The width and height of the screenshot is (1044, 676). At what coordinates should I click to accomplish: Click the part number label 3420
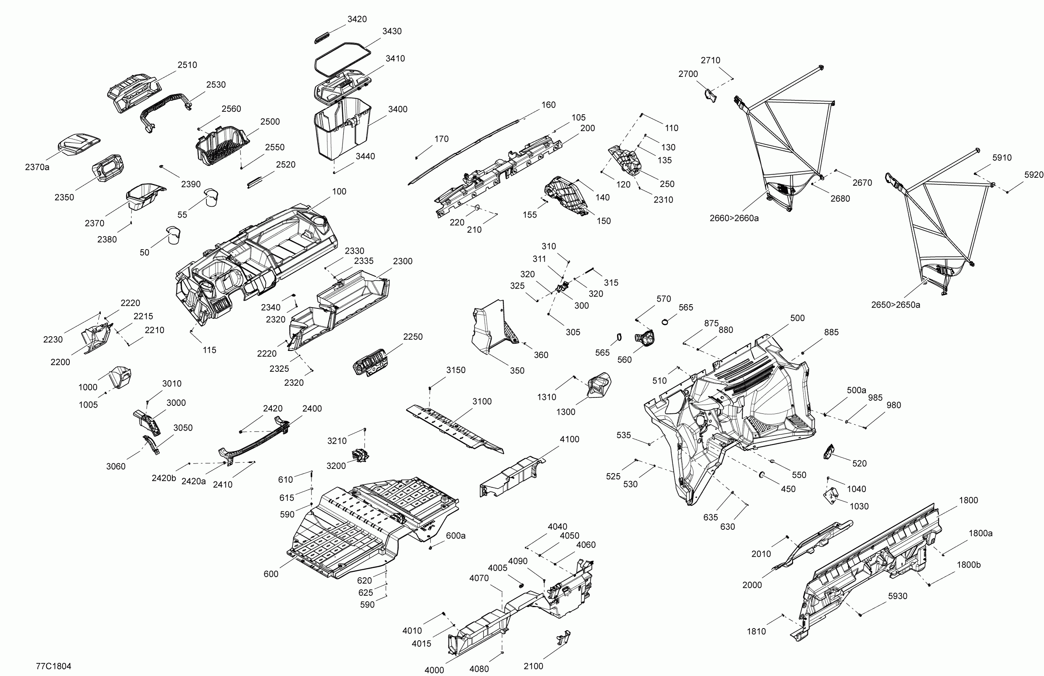[x=357, y=19]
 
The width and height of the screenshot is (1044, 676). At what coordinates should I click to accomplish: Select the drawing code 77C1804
[x=53, y=666]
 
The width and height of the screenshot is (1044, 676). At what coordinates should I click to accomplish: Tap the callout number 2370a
[x=37, y=167]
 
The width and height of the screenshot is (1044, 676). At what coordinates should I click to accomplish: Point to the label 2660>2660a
[x=734, y=218]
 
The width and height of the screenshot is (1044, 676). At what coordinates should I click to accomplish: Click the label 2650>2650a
[x=895, y=305]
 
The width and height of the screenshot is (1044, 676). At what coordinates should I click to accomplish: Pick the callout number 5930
[x=897, y=596]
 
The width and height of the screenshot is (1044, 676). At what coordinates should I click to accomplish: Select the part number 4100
[x=569, y=439]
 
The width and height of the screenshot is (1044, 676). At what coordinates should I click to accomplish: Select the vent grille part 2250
[x=371, y=362]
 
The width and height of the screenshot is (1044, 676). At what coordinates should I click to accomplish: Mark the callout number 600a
[x=455, y=535]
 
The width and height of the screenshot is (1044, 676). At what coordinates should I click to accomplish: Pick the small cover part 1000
[x=120, y=376]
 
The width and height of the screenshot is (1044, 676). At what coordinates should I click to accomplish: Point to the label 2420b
[x=163, y=478]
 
